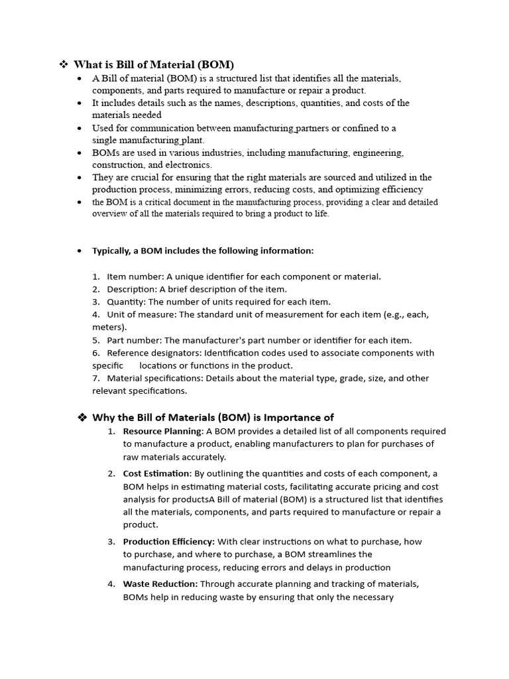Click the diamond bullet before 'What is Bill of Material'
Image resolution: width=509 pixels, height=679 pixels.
pyautogui.click(x=64, y=64)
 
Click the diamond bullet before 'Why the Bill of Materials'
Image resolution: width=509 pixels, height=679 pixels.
pyautogui.click(x=83, y=417)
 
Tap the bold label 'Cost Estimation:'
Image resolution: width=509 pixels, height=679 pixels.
pyautogui.click(x=157, y=473)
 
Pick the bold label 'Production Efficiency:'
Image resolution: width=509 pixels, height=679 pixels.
pyautogui.click(x=169, y=542)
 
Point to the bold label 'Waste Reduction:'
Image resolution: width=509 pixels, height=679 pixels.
pyautogui.click(x=160, y=584)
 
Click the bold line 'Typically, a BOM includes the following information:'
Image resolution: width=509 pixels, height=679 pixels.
pyautogui.click(x=203, y=251)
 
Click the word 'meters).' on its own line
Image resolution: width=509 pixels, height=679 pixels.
pyautogui.click(x=109, y=327)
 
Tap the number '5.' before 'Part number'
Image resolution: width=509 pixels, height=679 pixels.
pyautogui.click(x=96, y=340)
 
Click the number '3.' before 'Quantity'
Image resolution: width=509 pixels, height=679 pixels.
pyautogui.click(x=96, y=302)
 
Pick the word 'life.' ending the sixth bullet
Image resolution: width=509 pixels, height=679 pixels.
pyautogui.click(x=320, y=214)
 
